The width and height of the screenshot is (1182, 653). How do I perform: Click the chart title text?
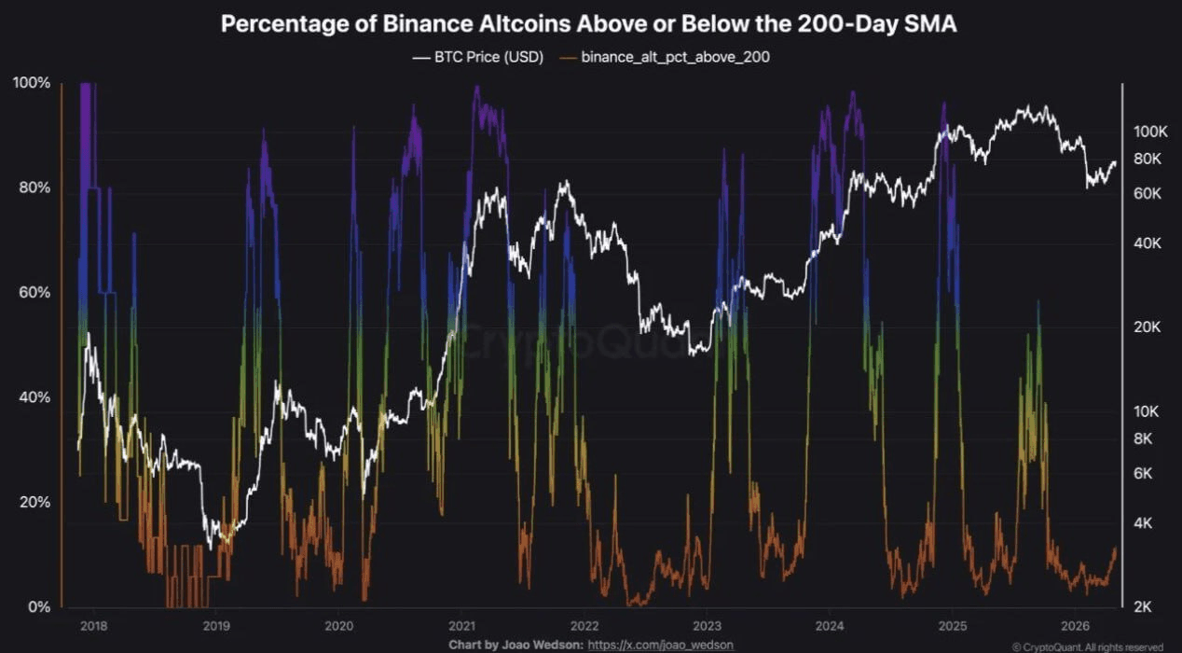[x=588, y=24]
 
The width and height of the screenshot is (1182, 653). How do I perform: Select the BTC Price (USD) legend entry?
[x=477, y=57]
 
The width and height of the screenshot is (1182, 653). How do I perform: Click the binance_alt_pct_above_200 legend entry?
[x=665, y=57]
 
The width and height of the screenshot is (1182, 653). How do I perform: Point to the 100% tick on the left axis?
[x=32, y=83]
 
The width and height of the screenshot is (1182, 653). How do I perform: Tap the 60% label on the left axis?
[x=34, y=292]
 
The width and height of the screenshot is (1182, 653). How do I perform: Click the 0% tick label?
[x=39, y=606]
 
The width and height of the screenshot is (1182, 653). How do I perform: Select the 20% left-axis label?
[x=34, y=502]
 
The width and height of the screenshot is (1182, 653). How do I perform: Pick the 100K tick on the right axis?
[x=1151, y=132]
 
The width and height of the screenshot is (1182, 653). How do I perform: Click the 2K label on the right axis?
[x=1143, y=607]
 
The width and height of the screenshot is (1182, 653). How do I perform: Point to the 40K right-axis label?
[x=1148, y=243]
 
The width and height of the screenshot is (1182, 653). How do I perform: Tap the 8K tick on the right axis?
[x=1143, y=438]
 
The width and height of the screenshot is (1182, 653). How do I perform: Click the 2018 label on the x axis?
[x=94, y=626]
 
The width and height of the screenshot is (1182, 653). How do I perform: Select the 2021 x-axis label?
[x=461, y=626]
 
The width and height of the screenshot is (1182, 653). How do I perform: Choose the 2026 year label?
[x=1075, y=626]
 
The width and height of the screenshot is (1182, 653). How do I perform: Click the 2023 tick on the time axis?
[x=707, y=626]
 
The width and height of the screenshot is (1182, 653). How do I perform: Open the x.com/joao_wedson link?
[x=661, y=645]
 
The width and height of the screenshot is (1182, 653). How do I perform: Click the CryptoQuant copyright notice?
[x=1088, y=647]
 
